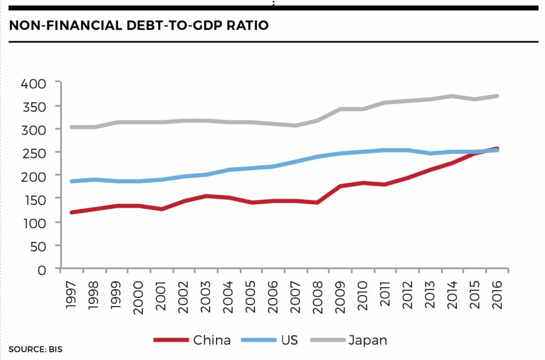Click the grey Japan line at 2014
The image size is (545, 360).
[451, 96]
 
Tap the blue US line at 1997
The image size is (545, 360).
[72, 181]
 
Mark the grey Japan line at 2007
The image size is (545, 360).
[295, 125]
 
